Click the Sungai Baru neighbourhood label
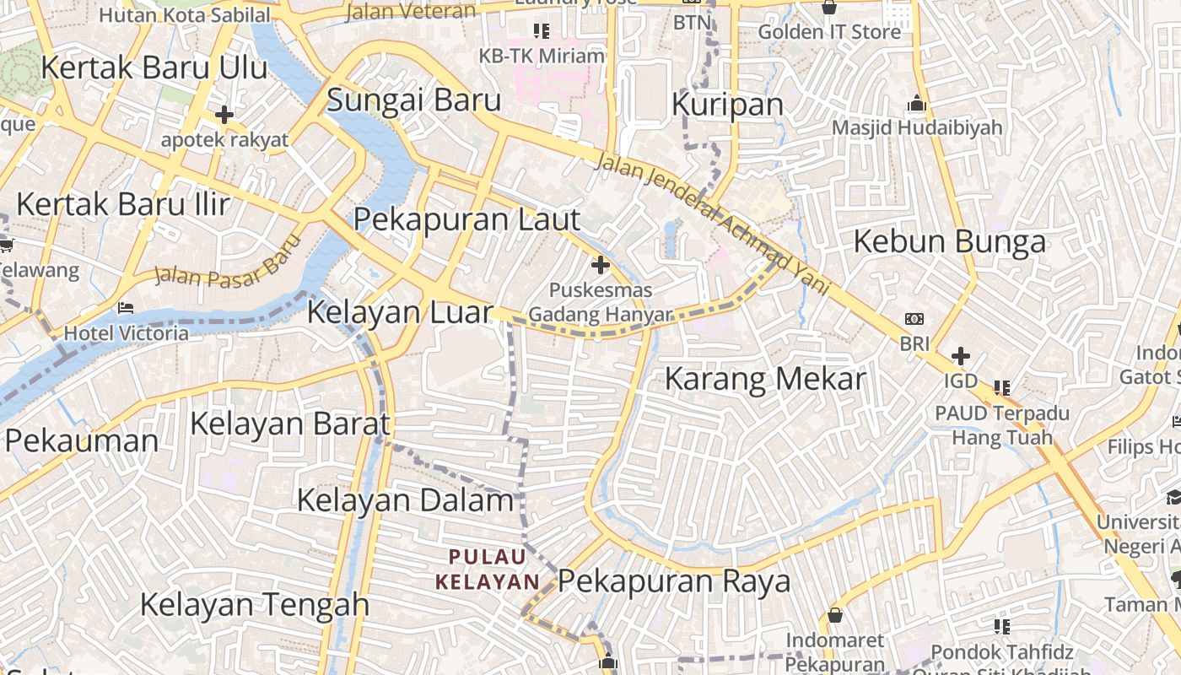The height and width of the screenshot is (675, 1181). pyautogui.click(x=413, y=100)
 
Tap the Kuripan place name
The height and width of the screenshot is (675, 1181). pyautogui.click(x=727, y=104)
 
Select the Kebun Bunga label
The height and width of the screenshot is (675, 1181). pyautogui.click(x=949, y=241)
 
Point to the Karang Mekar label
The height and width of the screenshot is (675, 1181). pyautogui.click(x=765, y=379)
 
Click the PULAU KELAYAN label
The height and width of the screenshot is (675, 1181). pyautogui.click(x=488, y=569)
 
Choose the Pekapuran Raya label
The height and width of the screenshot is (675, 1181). pyautogui.click(x=674, y=581)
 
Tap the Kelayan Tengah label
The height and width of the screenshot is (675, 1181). pyautogui.click(x=254, y=604)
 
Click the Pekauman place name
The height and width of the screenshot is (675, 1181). pyautogui.click(x=81, y=440)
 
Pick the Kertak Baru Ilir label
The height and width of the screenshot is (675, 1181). pyautogui.click(x=123, y=204)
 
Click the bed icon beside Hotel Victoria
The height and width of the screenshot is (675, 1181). pyautogui.click(x=127, y=308)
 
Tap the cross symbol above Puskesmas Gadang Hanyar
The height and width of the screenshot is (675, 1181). pyautogui.click(x=600, y=266)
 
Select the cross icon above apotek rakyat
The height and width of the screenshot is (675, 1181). pyautogui.click(x=224, y=115)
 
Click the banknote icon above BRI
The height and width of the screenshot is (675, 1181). pyautogui.click(x=914, y=319)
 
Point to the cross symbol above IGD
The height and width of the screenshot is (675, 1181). pyautogui.click(x=960, y=356)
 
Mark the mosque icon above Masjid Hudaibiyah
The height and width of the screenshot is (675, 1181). pyautogui.click(x=917, y=105)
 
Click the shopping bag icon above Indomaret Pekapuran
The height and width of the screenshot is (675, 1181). pyautogui.click(x=834, y=615)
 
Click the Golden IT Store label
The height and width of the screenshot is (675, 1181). pyautogui.click(x=829, y=32)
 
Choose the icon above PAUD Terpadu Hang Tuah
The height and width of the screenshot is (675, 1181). pyautogui.click(x=1001, y=388)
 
